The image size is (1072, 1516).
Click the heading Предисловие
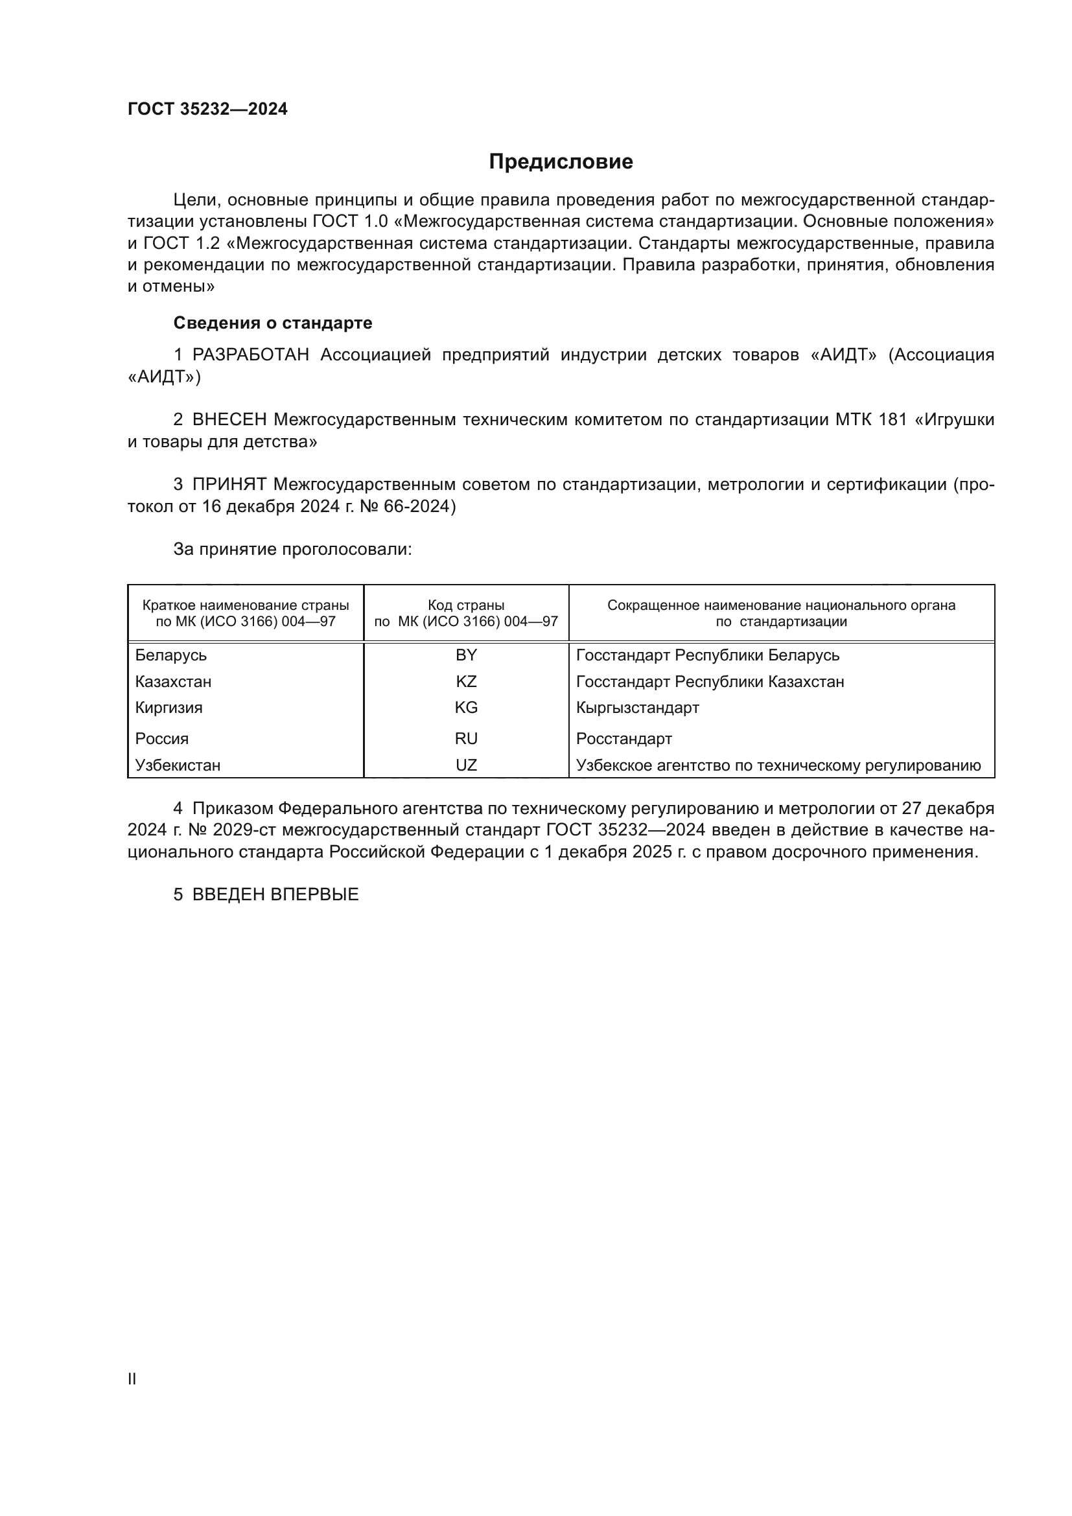point(561,162)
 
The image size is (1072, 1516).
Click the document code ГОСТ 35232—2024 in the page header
point(207,109)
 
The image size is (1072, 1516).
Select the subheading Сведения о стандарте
point(273,323)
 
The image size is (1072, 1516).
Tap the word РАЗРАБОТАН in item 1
point(250,355)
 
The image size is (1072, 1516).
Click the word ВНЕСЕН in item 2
point(229,420)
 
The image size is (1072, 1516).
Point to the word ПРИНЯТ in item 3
point(229,485)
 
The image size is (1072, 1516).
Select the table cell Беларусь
point(171,656)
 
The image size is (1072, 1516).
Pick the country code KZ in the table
point(466,681)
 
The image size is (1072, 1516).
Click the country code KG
point(466,708)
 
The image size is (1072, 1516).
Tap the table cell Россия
point(162,739)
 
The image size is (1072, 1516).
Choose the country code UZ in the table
point(466,765)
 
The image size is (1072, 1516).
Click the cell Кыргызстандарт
point(637,708)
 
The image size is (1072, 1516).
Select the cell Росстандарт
point(623,739)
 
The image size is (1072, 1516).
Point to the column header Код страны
point(466,605)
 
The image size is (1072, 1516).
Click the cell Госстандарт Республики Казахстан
point(710,681)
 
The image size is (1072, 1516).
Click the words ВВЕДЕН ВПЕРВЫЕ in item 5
point(275,894)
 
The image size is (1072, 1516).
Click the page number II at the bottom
point(132,1379)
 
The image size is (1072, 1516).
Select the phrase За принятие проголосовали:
point(292,550)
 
